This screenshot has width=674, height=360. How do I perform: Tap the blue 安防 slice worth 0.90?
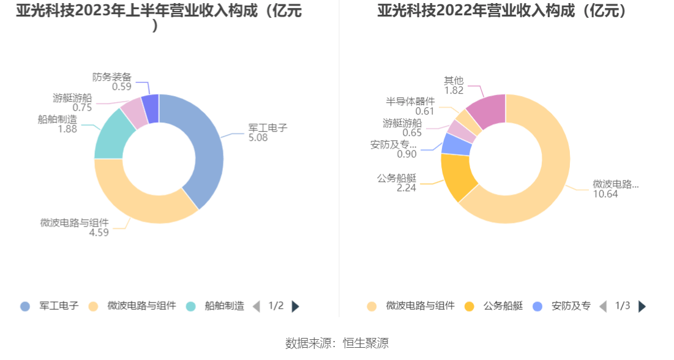click(x=456, y=144)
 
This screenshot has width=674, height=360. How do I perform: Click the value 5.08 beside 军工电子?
click(x=258, y=138)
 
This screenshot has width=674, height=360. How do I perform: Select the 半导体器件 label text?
click(x=410, y=102)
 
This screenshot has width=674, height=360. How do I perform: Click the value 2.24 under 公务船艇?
click(x=406, y=188)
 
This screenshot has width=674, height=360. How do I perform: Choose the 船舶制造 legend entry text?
click(x=224, y=306)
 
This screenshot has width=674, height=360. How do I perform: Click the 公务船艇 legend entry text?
click(x=503, y=306)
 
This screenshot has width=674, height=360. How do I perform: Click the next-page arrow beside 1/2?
click(x=296, y=306)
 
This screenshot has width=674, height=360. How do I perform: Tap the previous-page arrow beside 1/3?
click(x=603, y=306)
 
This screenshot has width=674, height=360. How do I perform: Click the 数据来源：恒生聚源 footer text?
click(x=337, y=343)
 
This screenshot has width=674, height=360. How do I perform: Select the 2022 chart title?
click(x=505, y=11)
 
